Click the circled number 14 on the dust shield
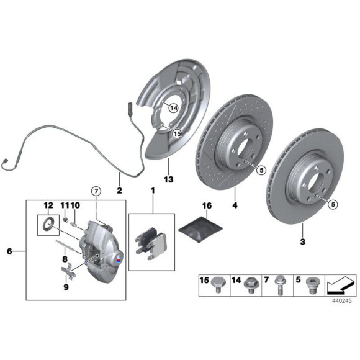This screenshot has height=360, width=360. coord(174,108)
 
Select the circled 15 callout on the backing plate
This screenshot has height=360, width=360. coord(177,133)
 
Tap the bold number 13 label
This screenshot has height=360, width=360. coord(169,179)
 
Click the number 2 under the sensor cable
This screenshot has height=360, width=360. coord(119,191)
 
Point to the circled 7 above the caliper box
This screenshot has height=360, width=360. coord(96,191)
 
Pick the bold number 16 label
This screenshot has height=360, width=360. coord(207,205)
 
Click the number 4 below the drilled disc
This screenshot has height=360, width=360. coord(235,205)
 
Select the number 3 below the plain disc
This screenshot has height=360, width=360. coord(303,241)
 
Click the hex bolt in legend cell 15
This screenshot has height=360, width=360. coord(218,285)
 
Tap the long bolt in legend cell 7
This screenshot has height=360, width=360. coord(281,285)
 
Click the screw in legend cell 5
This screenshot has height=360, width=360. coord(312,286)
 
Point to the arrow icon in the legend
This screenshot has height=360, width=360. coord(341,286)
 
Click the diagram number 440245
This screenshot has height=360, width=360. coord(342,301)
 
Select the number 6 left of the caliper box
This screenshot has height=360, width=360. coord(9,251)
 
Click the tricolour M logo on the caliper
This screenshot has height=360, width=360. coord(118,260)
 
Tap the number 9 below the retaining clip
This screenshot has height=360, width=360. coord(66,287)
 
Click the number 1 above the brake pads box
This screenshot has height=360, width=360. coord(153,191)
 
